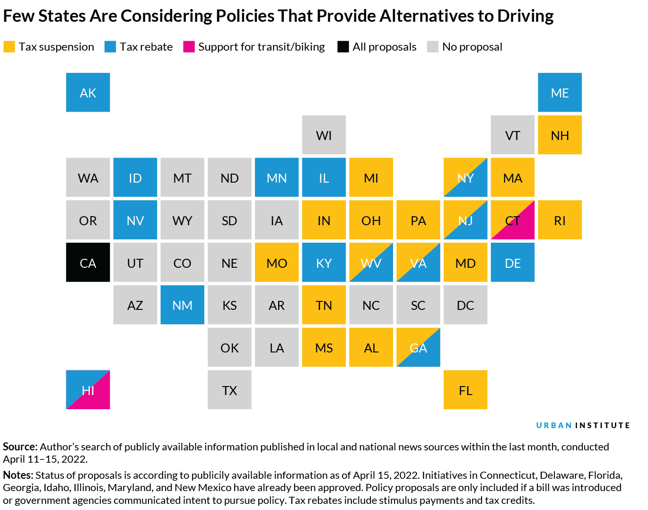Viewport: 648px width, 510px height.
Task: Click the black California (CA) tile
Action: [88, 263]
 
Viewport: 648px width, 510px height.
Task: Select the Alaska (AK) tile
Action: [88, 92]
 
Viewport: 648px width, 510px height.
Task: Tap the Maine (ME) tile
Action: [560, 92]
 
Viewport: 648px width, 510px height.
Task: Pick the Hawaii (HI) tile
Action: [88, 390]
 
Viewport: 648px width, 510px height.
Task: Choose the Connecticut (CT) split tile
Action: [513, 220]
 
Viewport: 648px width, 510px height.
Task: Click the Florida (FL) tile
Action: [465, 390]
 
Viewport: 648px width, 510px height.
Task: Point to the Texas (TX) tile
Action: [229, 390]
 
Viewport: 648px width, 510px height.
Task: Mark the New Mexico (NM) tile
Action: [182, 305]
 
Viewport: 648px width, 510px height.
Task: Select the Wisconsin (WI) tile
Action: [324, 135]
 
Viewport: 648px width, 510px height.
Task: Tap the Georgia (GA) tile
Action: [418, 347]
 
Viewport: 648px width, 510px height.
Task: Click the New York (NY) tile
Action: [465, 177]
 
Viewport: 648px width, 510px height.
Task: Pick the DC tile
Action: [465, 305]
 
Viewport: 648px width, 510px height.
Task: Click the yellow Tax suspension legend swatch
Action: [9, 47]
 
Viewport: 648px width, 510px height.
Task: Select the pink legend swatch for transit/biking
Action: [189, 47]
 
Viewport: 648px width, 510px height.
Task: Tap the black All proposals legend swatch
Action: [343, 47]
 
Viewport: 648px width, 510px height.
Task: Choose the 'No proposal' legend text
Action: [472, 47]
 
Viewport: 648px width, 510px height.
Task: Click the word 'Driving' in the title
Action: [525, 16]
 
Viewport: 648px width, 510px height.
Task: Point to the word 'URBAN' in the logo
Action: [554, 425]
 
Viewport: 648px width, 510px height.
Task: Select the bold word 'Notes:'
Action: [18, 475]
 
